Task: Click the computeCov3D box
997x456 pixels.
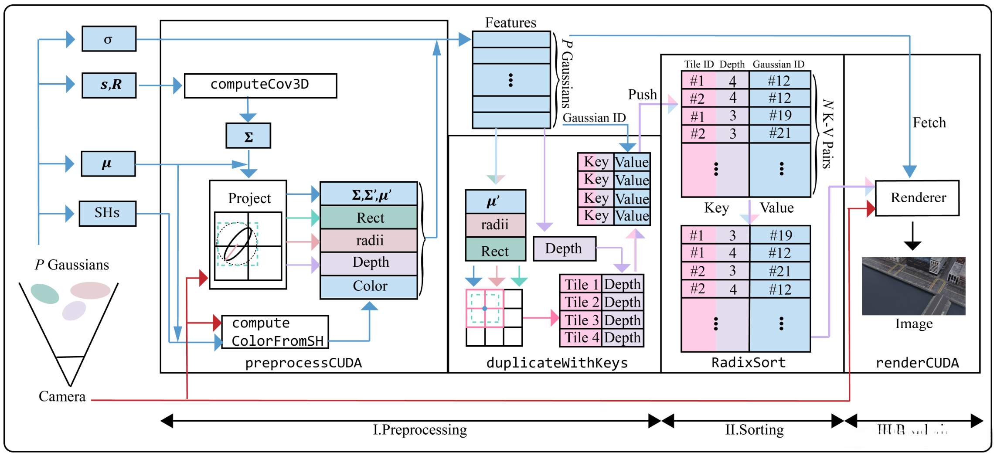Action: (260, 85)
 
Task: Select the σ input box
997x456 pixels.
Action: (109, 39)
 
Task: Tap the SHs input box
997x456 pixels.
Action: (107, 213)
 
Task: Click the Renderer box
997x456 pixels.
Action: (917, 198)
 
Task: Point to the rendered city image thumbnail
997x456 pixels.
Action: (913, 286)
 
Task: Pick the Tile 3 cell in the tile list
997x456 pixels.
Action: (581, 320)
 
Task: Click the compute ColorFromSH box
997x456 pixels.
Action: (275, 332)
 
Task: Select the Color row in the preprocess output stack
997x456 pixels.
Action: (369, 286)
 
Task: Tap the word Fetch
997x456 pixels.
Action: (929, 123)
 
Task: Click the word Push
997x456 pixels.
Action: (642, 95)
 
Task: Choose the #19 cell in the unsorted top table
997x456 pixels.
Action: (780, 116)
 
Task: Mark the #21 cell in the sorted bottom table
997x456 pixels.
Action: (780, 271)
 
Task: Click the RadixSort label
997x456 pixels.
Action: (748, 363)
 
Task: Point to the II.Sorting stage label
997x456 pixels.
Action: (754, 430)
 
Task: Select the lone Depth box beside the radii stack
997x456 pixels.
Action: (564, 249)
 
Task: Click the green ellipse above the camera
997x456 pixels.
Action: (45, 293)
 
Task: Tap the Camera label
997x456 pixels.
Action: (62, 396)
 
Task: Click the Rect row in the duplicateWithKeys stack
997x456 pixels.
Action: (495, 251)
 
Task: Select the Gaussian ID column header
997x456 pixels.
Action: (778, 65)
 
